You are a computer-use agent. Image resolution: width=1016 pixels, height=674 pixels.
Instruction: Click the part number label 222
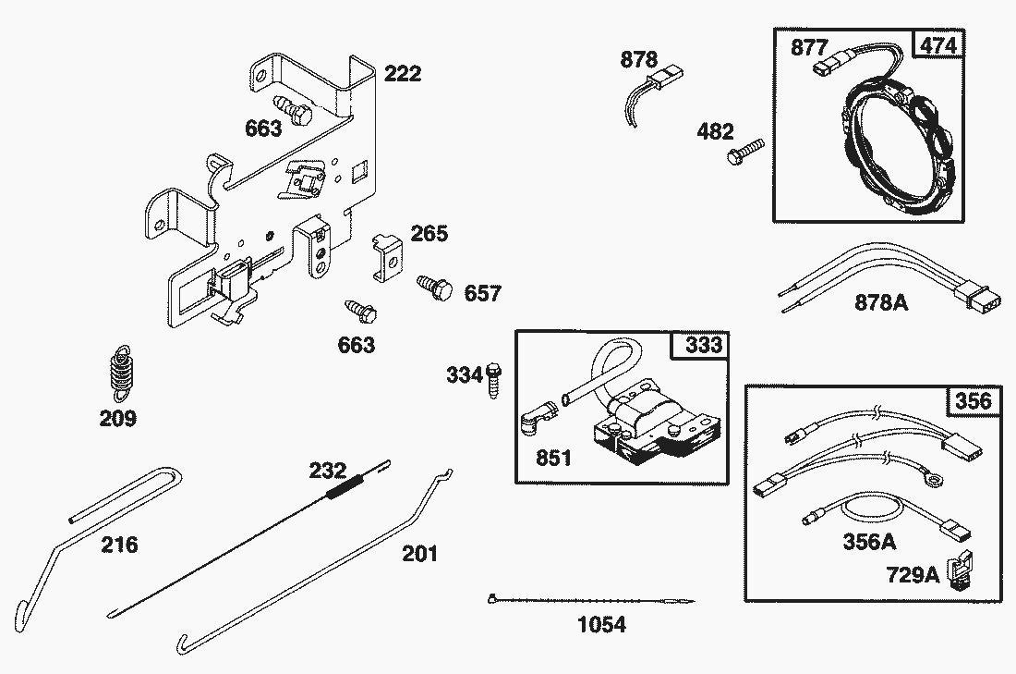coord(402,73)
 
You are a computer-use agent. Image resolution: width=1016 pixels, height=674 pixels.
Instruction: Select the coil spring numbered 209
coord(118,372)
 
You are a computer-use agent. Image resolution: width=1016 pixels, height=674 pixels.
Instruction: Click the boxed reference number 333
coord(703,347)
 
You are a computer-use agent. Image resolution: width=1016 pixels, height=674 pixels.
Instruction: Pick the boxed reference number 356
coord(972,400)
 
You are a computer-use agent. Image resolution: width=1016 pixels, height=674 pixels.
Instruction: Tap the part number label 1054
coord(600,625)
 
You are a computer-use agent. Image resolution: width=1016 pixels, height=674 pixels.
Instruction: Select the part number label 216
coord(119,545)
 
